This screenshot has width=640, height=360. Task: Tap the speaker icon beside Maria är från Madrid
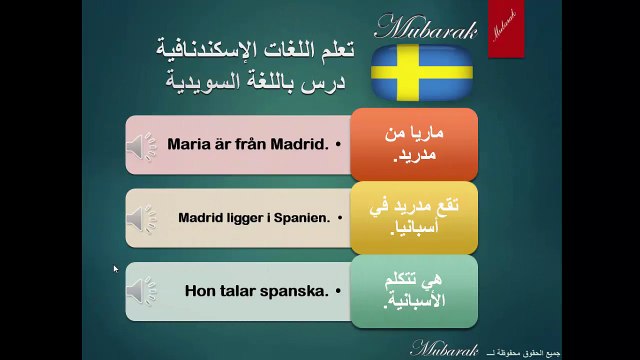point(142,146)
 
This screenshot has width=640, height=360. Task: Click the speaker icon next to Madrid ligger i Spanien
point(142,217)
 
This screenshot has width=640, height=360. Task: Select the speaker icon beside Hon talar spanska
point(142,291)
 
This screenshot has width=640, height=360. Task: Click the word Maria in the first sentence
point(187,144)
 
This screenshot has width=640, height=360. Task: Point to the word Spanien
point(302,217)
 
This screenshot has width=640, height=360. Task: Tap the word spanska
point(296,291)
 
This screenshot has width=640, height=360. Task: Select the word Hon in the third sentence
point(201,291)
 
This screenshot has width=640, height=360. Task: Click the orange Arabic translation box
point(413,145)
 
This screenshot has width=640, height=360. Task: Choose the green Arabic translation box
point(413,291)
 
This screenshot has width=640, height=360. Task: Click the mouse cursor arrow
point(116,269)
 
